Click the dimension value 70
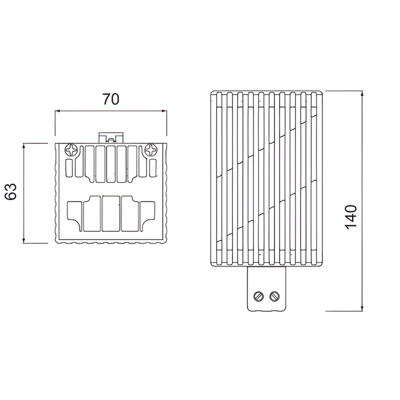click(111, 99)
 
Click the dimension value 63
click(11, 192)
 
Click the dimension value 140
click(351, 217)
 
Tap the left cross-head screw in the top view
click(71, 150)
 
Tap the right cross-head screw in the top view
click(151, 150)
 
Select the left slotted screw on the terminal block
click(258, 296)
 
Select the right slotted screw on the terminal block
click(274, 296)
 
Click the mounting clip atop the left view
click(111, 138)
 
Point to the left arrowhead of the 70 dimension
click(57, 111)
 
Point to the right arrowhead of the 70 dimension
click(164, 111)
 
